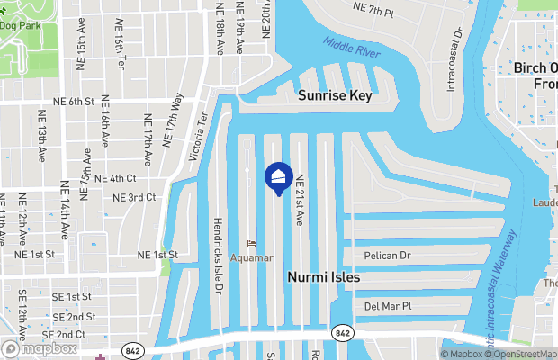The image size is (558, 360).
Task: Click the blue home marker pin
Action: pyautogui.click(x=277, y=176)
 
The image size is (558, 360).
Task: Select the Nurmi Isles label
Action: pyautogui.click(x=323, y=278)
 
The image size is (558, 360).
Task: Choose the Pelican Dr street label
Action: pyautogui.click(x=387, y=256)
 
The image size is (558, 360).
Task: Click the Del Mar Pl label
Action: pyautogui.click(x=387, y=306)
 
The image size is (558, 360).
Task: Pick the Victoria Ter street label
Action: pyautogui.click(x=197, y=136)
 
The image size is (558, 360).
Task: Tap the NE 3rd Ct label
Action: pyautogui.click(x=135, y=197)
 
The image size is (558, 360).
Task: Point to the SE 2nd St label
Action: pyautogui.click(x=74, y=317)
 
